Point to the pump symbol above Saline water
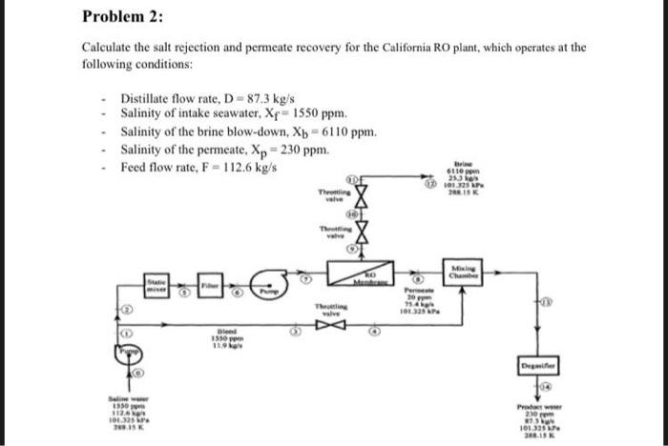(x=130, y=354)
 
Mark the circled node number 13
(x=547, y=301)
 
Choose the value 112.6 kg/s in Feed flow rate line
(x=253, y=167)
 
